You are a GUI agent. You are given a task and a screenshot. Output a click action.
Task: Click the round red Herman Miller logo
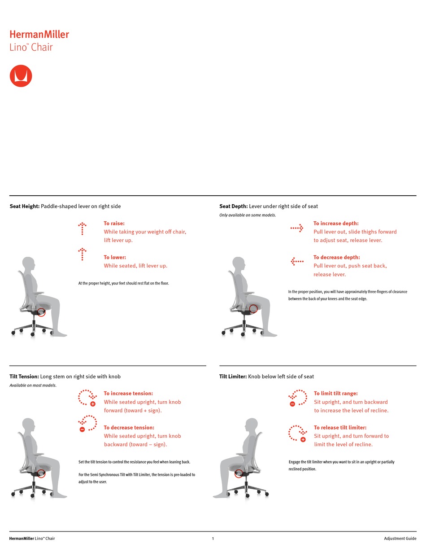(x=21, y=76)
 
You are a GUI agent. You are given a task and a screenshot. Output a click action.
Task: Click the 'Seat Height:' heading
(x=25, y=206)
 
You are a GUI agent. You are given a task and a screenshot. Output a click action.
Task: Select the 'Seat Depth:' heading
(x=233, y=206)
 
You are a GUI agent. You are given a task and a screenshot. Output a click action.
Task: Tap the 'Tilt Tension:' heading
(x=24, y=377)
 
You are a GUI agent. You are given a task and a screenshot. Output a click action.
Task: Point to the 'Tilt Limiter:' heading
(x=233, y=377)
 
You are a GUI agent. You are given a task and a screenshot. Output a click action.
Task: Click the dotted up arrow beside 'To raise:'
(x=82, y=228)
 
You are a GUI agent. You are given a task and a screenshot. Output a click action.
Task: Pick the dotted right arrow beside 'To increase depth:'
(x=297, y=228)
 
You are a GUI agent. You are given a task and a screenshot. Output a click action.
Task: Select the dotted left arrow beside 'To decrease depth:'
(x=297, y=261)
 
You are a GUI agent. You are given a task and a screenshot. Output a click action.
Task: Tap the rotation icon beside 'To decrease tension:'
(x=87, y=423)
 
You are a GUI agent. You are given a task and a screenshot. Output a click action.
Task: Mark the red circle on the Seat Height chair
(x=41, y=311)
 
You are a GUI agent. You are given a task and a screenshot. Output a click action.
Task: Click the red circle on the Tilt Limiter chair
(x=239, y=474)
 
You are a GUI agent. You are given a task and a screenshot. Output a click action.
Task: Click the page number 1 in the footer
(x=213, y=539)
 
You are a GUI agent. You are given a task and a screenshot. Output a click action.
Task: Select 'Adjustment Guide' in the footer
(x=400, y=539)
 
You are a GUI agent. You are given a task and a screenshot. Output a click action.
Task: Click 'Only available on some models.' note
(x=248, y=215)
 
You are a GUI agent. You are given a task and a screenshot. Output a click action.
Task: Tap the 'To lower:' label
(x=115, y=258)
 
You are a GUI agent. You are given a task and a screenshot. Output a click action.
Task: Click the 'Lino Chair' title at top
(x=31, y=47)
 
